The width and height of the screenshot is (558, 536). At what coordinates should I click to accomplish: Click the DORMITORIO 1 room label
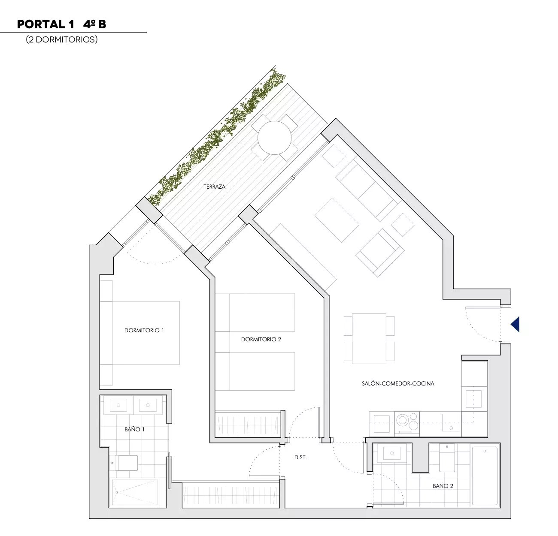(x=144, y=330)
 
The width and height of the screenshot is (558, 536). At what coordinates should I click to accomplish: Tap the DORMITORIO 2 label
(x=261, y=340)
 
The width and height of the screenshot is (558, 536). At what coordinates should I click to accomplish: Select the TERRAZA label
(x=215, y=187)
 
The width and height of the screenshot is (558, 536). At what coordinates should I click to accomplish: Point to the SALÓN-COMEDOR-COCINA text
(x=398, y=384)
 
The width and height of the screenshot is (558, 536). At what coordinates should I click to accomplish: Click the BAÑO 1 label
(x=134, y=429)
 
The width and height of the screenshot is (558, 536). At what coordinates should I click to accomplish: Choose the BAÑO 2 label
(x=443, y=486)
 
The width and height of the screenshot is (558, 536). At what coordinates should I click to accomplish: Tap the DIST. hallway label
(x=300, y=458)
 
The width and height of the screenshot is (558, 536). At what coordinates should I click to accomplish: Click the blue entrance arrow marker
(x=515, y=324)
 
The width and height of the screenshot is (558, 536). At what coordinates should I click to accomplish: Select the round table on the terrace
(x=274, y=138)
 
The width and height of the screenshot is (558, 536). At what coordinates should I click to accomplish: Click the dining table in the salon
(x=369, y=339)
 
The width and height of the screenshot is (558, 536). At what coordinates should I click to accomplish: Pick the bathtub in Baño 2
(x=485, y=476)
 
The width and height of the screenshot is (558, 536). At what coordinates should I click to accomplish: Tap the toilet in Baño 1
(x=124, y=463)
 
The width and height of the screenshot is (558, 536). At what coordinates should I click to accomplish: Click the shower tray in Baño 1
(x=135, y=492)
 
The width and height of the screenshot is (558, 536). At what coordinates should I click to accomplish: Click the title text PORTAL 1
(x=46, y=24)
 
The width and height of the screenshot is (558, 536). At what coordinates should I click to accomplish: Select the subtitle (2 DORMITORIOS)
(x=62, y=39)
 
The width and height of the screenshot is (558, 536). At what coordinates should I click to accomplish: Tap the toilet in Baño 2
(x=447, y=458)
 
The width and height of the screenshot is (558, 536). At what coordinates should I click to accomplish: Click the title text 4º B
(x=94, y=24)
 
